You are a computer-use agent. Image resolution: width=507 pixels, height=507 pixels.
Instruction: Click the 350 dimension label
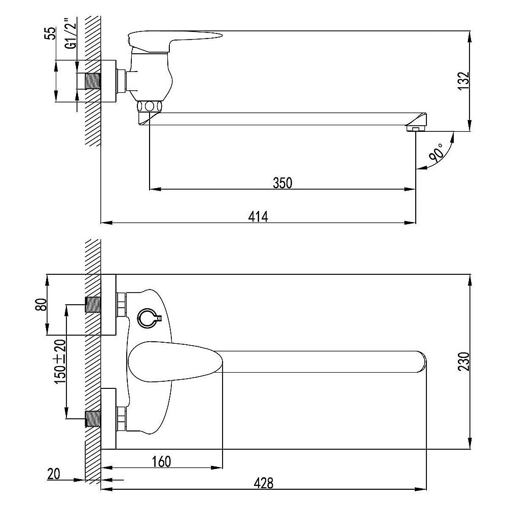282,183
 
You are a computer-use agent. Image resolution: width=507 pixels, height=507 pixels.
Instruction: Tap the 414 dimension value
258,216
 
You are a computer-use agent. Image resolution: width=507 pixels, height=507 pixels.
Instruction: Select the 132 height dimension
464,81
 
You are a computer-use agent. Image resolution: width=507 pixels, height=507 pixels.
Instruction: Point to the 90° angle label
437,153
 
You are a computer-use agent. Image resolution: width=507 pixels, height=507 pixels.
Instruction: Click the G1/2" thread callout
71,34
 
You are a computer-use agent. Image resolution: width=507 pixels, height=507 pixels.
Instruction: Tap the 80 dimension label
41,305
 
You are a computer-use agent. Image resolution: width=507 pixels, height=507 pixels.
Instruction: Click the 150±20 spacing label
61,361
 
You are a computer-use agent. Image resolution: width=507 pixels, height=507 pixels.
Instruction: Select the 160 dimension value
161,461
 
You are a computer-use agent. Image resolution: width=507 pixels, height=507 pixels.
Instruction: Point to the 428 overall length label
264,483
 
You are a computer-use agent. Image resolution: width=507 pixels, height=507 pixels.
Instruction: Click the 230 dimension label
464,361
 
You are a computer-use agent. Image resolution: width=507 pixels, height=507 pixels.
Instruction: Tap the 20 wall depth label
54,474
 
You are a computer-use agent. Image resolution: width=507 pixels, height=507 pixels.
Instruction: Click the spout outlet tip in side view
416,129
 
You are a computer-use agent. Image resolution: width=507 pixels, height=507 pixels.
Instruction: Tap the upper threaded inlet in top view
93,305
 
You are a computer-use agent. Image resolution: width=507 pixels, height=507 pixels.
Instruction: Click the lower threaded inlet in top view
93,419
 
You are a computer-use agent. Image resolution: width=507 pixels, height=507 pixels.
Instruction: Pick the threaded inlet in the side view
93,81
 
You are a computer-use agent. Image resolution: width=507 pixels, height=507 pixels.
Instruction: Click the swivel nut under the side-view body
149,106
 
